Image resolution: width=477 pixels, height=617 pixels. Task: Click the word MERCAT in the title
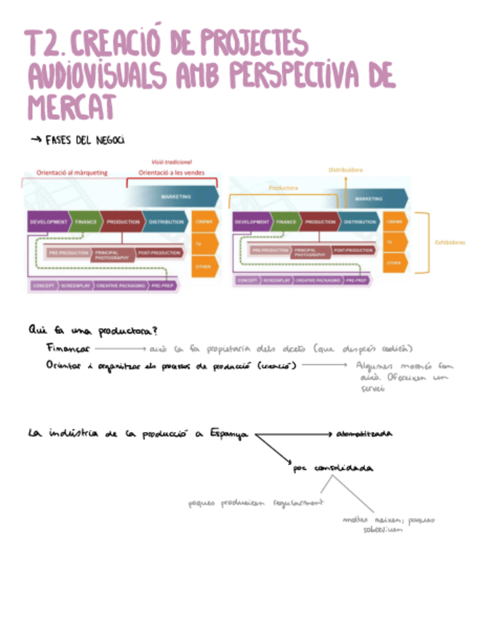click(x=71, y=107)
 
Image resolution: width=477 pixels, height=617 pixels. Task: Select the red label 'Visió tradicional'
click(x=172, y=162)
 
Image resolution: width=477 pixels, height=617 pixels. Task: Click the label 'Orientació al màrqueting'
click(x=72, y=173)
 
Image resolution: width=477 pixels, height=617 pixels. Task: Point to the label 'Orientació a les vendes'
click(x=171, y=173)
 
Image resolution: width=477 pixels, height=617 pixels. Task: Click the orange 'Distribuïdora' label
click(x=345, y=170)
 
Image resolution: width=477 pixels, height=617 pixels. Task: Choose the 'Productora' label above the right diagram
click(x=284, y=187)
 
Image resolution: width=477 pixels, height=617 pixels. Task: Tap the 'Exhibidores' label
click(x=449, y=242)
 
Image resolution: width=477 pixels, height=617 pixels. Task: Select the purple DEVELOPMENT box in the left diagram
click(x=49, y=221)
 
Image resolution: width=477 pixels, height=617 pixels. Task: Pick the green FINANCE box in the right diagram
click(x=286, y=221)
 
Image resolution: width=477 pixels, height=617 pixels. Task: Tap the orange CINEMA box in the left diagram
click(x=204, y=221)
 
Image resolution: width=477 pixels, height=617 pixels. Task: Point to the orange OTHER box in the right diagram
click(x=395, y=263)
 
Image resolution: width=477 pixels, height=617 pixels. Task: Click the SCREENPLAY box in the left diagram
click(x=76, y=286)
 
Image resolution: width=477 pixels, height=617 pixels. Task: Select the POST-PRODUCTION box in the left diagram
click(x=159, y=252)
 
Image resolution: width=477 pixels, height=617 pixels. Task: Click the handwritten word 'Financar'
click(x=68, y=349)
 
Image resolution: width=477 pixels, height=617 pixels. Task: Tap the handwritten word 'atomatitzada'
click(x=364, y=434)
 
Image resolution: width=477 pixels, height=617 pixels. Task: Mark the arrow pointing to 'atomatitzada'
click(x=294, y=434)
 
